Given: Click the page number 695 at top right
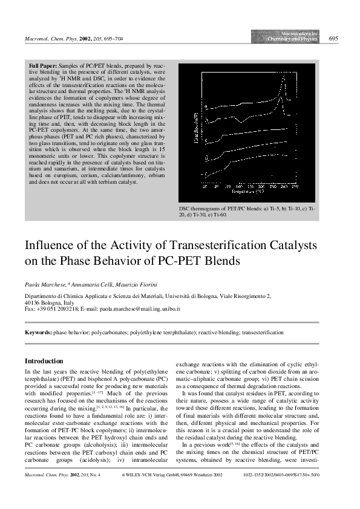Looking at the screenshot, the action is click(x=333, y=39).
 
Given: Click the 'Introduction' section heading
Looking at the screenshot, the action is click(x=44, y=360).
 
